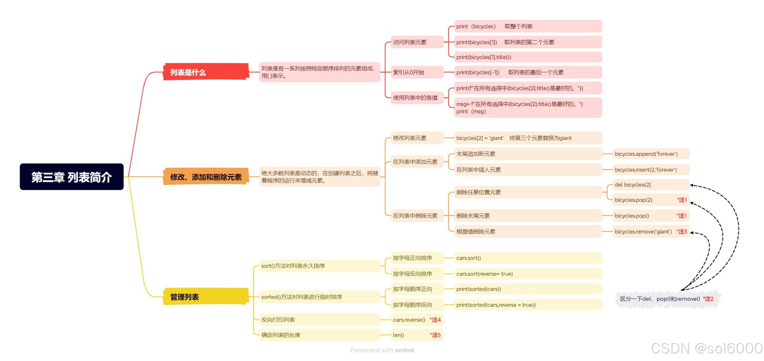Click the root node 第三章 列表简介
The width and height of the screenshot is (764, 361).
[x=71, y=177]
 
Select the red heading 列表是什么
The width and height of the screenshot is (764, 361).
[x=188, y=72]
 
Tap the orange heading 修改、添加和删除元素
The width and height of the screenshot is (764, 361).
[x=206, y=177]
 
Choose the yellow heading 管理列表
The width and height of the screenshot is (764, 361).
[x=185, y=297]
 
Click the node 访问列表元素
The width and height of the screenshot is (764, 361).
[x=410, y=42]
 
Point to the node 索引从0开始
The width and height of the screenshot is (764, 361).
[x=408, y=72]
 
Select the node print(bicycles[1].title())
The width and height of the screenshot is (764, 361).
[x=484, y=57]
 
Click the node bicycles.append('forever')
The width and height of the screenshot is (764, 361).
[x=646, y=154]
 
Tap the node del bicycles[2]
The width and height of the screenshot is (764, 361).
[x=633, y=185]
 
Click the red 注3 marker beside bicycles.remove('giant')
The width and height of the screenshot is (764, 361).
[x=682, y=232]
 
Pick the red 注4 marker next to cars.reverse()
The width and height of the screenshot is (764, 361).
[x=435, y=320]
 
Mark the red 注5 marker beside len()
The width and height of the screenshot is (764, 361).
[x=435, y=335]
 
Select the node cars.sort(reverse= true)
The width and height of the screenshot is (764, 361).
[x=484, y=274]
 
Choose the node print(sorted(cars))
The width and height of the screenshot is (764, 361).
[x=479, y=289]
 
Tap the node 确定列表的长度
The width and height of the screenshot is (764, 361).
[x=281, y=335]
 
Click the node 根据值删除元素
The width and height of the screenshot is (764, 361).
[x=476, y=232]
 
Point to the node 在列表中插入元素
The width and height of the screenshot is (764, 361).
[x=479, y=170]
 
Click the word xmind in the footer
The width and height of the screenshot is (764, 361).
[x=404, y=350]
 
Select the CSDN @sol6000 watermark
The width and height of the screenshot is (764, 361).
[x=707, y=348]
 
